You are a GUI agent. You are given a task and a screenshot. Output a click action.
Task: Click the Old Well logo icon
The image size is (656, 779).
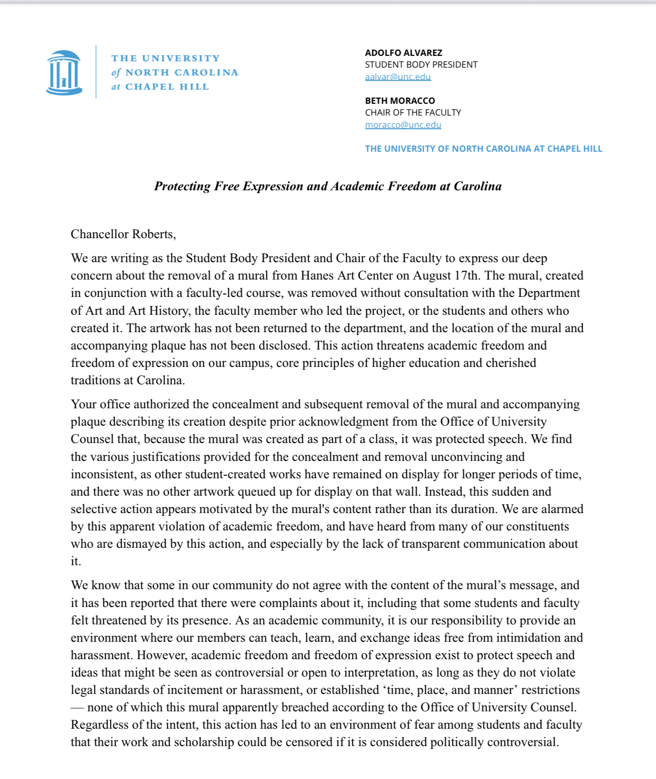tap(64, 72)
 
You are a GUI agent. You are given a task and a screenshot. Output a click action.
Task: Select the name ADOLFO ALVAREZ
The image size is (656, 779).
tap(403, 53)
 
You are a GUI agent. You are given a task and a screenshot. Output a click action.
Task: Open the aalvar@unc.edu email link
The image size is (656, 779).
tap(398, 77)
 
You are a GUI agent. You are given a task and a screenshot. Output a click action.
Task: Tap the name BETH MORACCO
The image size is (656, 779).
tap(400, 101)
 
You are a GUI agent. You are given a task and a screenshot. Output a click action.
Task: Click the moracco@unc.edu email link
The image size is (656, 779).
tap(403, 125)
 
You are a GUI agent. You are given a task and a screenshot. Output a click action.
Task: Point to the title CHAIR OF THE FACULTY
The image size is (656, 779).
tap(413, 112)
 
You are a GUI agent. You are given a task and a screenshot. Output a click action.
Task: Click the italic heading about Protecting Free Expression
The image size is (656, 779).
tap(328, 186)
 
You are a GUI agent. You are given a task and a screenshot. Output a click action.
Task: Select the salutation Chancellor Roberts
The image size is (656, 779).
tap(123, 234)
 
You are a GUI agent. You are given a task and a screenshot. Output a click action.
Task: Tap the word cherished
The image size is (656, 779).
tap(511, 363)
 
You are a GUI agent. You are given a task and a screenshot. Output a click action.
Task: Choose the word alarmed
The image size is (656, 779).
tap(562, 509)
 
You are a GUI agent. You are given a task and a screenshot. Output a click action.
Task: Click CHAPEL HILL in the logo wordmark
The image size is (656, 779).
tap(167, 87)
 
